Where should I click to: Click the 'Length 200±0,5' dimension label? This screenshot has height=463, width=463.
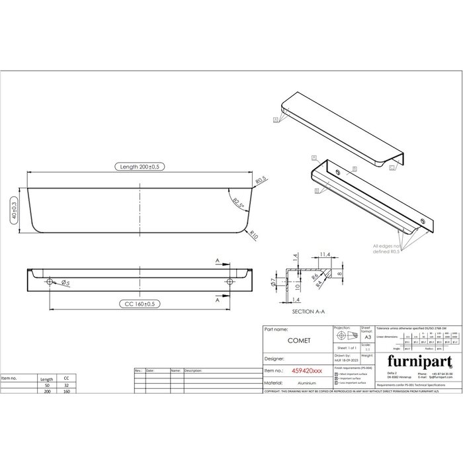[139, 167]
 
